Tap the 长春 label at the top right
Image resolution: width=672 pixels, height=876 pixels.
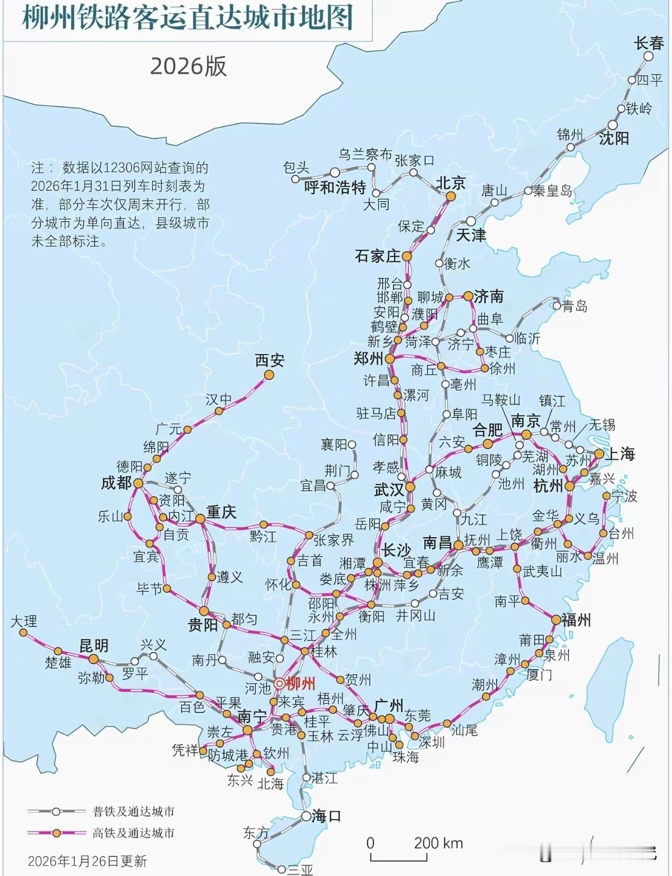coord(649,42)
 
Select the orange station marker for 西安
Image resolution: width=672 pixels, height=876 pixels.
coord(269,375)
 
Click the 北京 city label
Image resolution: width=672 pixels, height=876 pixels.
coord(450,183)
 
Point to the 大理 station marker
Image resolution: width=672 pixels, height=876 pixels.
coord(23,633)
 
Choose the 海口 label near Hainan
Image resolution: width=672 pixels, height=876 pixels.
coord(326,816)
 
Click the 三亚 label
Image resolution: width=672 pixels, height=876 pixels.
coord(300,869)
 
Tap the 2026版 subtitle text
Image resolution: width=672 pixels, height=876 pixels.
coord(188,66)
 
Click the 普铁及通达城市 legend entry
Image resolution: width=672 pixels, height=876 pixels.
coord(133,811)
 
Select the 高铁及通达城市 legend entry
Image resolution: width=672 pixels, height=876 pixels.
coord(133,833)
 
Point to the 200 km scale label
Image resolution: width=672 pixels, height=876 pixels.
coord(438,843)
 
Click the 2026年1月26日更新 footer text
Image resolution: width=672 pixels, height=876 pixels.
coord(87,861)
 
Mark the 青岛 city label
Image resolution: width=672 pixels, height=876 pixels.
coord(574,306)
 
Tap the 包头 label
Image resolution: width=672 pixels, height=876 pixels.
coord(296,167)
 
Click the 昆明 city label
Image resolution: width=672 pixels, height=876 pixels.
coord(94,646)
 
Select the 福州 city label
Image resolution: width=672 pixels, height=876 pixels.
coord(576,620)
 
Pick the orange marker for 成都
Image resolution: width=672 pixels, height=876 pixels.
coord(138,483)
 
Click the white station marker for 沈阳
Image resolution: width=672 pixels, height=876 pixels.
coord(613,125)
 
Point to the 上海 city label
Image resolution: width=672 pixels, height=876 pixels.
coord(620,454)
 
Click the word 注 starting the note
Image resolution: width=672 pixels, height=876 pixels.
coord(37,168)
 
